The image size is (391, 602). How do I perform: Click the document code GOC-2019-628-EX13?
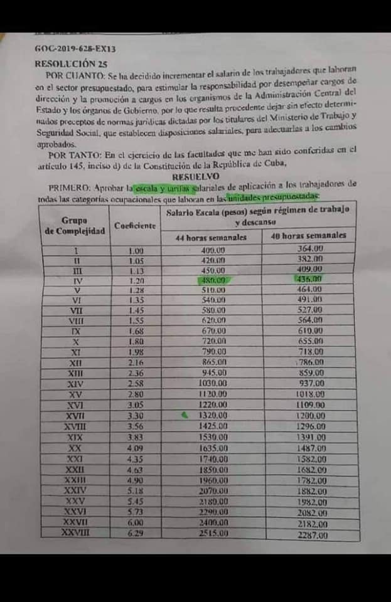point(75,48)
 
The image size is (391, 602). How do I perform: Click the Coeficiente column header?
point(135,225)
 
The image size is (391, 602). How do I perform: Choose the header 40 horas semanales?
point(308,236)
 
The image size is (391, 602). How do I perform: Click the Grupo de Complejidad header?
point(74,226)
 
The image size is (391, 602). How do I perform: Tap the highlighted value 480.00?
point(213,280)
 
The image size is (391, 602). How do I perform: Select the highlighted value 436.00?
point(309,279)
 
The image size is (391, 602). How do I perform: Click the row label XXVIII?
point(76,533)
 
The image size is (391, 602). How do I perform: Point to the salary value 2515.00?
point(214,533)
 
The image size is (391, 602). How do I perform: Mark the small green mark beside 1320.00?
point(184,415)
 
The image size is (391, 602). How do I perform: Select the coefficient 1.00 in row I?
point(136,251)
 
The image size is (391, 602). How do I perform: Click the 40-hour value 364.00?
point(309,248)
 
